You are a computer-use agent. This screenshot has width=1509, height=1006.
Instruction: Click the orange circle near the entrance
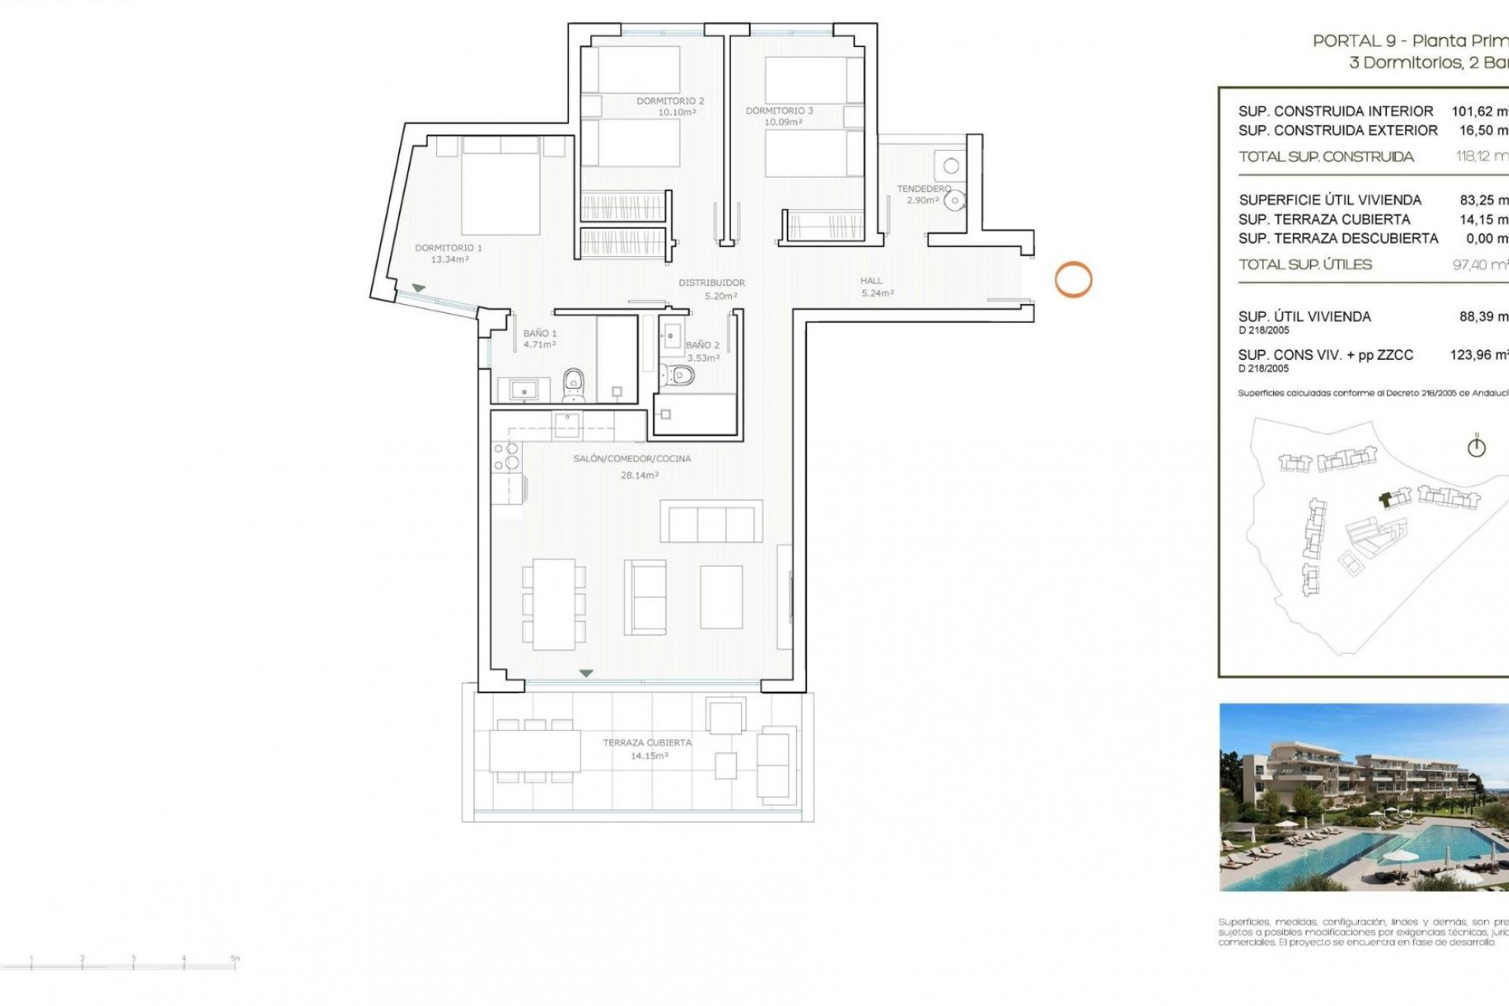[x=1073, y=279]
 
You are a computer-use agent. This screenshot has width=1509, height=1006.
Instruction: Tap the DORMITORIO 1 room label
[x=449, y=248]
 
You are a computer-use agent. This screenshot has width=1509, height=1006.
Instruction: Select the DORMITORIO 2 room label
[x=670, y=101]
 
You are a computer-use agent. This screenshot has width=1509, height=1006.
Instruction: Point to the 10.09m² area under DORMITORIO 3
[x=783, y=123]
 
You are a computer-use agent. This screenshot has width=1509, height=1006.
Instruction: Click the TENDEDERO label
[x=923, y=189]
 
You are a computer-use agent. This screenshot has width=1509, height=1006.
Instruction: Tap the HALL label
[x=871, y=281]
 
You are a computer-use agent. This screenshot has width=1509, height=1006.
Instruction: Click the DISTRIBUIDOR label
[x=712, y=282]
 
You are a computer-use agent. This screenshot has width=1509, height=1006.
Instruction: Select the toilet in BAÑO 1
[x=574, y=383]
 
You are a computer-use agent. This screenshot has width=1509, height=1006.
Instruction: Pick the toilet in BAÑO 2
[x=677, y=377]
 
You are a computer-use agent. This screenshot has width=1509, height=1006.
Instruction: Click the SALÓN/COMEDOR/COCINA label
[x=633, y=458]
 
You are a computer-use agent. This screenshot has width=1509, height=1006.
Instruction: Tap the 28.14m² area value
[x=640, y=475]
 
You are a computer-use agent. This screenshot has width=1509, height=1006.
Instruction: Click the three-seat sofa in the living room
[x=711, y=521]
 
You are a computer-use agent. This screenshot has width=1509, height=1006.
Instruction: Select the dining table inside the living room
[x=554, y=604]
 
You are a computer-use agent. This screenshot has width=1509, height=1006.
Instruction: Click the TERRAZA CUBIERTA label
[x=647, y=742]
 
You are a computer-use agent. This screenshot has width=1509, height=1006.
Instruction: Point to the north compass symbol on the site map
[x=1476, y=446]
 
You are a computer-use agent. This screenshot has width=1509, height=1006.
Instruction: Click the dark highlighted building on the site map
[x=1386, y=498]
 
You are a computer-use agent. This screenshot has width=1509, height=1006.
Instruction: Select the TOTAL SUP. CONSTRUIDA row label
[x=1326, y=156]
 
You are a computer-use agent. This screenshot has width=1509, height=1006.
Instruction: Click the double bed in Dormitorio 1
[x=501, y=193]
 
